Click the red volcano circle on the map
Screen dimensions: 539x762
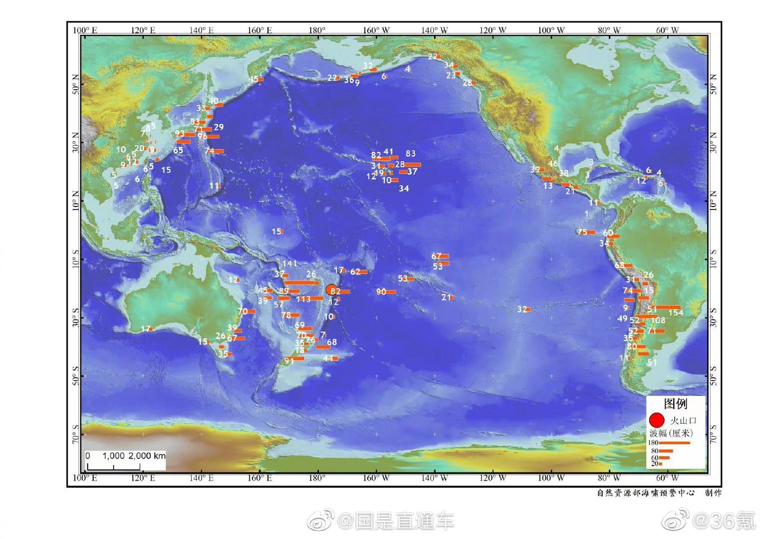point(331,290)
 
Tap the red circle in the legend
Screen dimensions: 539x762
point(657,420)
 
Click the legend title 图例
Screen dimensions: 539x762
point(675,403)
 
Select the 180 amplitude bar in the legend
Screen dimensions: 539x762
point(674,443)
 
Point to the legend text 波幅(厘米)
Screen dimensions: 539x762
point(671,433)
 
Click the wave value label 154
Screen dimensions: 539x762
point(676,312)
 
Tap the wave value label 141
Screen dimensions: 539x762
point(289,264)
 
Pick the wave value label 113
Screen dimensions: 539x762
point(303,299)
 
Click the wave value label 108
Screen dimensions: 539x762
point(658,320)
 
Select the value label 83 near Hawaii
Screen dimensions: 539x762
point(410,154)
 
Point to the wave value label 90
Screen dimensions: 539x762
point(381,291)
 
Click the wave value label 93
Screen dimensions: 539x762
point(180,134)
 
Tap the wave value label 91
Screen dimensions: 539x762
point(289,360)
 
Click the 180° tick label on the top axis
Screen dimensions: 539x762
point(317,30)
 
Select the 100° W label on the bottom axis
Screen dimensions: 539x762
point(551,478)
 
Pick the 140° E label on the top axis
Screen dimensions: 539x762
point(201,30)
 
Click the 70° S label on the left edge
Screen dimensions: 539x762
point(75,434)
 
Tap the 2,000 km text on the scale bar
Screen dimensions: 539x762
point(147,456)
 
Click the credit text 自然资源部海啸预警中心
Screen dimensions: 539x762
point(646,493)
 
